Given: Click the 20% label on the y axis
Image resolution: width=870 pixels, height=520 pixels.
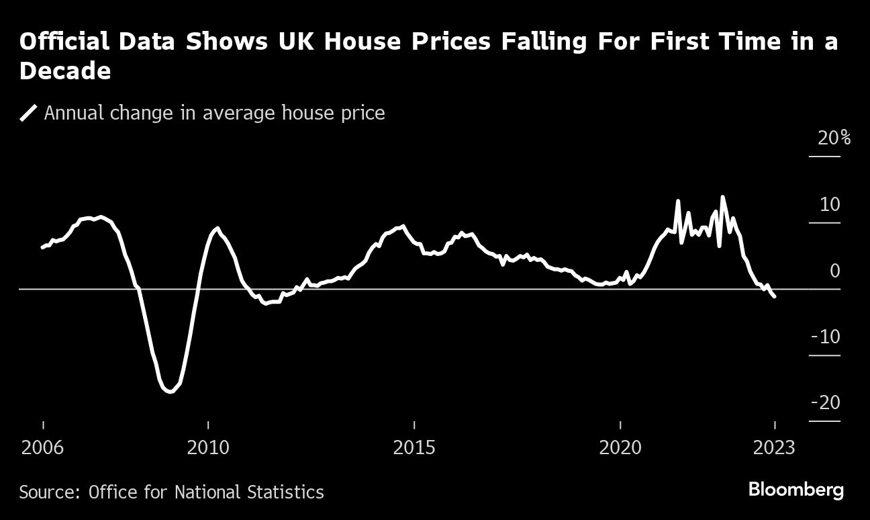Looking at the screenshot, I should (834, 138).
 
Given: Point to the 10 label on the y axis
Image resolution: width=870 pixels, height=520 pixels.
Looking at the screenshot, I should (830, 204).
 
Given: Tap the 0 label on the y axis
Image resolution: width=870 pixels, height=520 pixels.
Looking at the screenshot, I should (834, 271).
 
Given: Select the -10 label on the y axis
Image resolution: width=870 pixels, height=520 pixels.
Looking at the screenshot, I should (826, 337).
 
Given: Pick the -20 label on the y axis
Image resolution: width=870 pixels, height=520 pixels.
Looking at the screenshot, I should (826, 402).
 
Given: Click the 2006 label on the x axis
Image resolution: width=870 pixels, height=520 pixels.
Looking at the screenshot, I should (43, 447).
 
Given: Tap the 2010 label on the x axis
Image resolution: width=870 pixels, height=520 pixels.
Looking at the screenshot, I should (208, 447).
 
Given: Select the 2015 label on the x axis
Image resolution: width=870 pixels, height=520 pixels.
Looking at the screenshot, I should (414, 447).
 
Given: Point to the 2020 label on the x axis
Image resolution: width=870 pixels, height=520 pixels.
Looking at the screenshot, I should (620, 447).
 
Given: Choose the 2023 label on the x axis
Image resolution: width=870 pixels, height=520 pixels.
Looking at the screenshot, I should (774, 447).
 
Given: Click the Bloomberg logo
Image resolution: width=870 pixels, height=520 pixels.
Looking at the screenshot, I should (795, 490).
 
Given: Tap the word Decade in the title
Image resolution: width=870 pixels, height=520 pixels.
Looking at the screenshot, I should (65, 71).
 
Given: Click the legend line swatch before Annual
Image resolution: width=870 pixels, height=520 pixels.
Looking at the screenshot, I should (28, 113).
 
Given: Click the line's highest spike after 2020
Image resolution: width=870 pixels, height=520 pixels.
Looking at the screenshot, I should (722, 197).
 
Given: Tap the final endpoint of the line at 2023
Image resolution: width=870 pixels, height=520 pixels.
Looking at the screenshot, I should (775, 296).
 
